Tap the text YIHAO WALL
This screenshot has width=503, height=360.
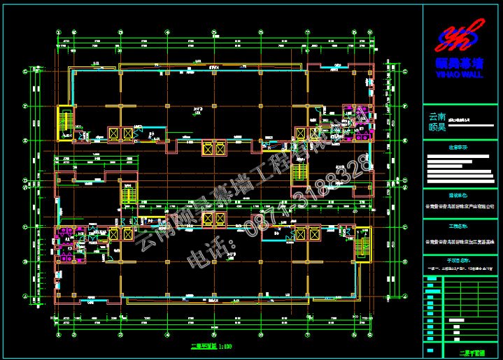coord(460,73)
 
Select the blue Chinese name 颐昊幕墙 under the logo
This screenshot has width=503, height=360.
coord(460,64)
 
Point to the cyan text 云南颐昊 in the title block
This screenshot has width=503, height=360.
coord(437,122)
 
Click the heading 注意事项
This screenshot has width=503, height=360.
coord(458,147)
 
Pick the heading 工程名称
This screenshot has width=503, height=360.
coord(458,227)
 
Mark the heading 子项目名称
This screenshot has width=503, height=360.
coord(458,259)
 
